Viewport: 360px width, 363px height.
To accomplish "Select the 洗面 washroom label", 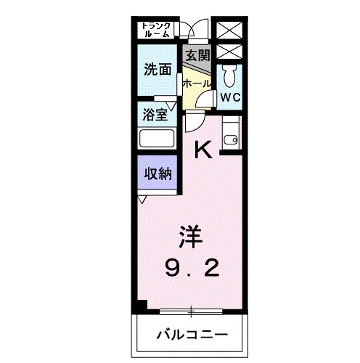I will [x=157, y=70].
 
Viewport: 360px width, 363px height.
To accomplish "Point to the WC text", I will [x=231, y=97].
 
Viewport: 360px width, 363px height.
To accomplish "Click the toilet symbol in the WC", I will [x=230, y=73].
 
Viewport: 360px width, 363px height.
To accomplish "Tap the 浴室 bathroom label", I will [x=154, y=114].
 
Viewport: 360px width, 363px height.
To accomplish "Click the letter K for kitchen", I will [x=205, y=150].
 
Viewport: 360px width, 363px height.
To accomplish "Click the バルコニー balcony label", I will [x=192, y=335].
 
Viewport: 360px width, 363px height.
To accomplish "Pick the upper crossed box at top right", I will [x=231, y=31].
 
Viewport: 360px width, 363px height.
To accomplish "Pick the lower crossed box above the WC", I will [x=231, y=52].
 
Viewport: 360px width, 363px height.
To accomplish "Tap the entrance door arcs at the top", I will [x=191, y=29].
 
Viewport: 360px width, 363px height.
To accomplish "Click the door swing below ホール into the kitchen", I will [x=192, y=121].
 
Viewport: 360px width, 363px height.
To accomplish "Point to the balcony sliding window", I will [x=192, y=311].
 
